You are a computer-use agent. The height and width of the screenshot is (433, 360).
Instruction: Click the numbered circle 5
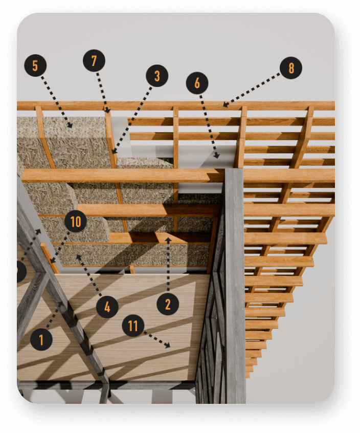click(x=35, y=66)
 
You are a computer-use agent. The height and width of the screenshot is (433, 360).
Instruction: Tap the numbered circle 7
click(x=94, y=61)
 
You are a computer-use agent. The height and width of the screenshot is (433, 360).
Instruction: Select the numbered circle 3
click(x=157, y=76)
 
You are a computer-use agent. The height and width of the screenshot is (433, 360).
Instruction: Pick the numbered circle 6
click(x=197, y=82)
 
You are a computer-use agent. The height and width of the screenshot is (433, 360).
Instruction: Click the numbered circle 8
click(x=291, y=68)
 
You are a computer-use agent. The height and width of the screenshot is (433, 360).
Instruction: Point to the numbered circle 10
click(x=76, y=222)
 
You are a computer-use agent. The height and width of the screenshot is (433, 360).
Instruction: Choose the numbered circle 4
click(x=107, y=307)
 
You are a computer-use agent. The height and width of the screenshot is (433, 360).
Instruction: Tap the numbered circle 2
click(x=168, y=305)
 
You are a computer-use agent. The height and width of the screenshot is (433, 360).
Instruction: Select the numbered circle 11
click(x=133, y=326)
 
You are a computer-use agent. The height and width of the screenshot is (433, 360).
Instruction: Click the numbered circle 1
click(x=41, y=339)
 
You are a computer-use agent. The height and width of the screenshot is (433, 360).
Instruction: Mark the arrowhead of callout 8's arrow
click(x=224, y=106)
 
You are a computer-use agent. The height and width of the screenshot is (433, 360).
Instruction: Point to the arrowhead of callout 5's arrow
click(x=71, y=126)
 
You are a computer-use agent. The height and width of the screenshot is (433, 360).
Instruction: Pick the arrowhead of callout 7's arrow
click(x=107, y=111)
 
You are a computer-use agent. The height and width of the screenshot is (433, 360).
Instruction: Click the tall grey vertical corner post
click(x=234, y=287)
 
